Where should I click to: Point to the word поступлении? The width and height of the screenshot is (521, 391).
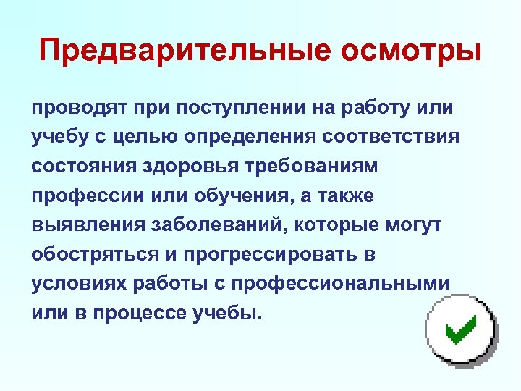tap(244, 108)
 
